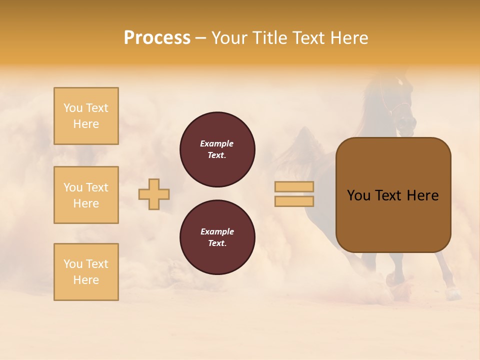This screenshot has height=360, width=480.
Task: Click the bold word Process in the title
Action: tap(157, 38)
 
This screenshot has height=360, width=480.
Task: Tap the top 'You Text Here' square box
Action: tap(86, 116)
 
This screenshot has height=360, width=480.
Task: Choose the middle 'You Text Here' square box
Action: tap(86, 195)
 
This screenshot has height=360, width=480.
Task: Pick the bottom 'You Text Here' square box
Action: tap(86, 272)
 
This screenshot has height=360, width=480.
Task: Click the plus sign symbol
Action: tap(154, 194)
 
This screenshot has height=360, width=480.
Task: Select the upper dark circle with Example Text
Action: tap(217, 149)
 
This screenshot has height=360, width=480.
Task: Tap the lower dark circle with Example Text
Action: tap(217, 237)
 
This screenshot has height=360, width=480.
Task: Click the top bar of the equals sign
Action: tap(294, 187)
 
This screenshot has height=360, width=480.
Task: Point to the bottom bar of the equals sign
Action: tap(294, 201)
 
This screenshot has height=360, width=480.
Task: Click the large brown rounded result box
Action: tap(393, 195)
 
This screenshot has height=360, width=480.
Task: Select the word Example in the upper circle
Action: tap(217, 143)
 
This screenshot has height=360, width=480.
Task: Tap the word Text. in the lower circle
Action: tap(217, 243)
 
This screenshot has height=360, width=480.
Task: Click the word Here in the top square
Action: tap(86, 124)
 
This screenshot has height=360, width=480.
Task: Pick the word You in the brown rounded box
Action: tap(358, 195)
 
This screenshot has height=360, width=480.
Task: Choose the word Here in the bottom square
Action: tap(86, 280)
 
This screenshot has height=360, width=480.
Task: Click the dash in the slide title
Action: tap(200, 38)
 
